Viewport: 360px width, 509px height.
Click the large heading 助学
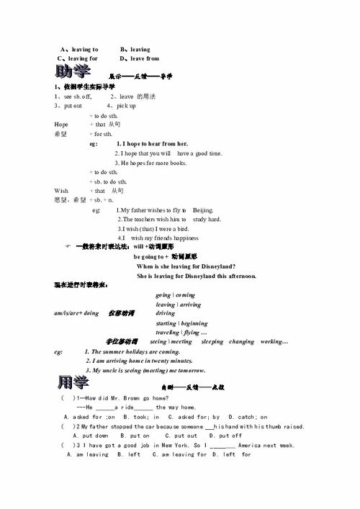(73, 72)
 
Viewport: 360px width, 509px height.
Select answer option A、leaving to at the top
(79, 49)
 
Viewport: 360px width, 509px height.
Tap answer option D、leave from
(140, 58)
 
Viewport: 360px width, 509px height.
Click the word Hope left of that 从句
(61, 125)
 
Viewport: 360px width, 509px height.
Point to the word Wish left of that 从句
(61, 191)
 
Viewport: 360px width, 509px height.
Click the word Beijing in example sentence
(204, 210)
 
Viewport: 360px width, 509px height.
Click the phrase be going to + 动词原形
(166, 256)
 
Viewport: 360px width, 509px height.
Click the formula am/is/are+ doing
(76, 313)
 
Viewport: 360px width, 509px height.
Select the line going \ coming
(175, 295)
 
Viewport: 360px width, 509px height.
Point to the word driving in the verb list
(166, 313)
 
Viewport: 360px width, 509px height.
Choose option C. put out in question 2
(181, 436)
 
